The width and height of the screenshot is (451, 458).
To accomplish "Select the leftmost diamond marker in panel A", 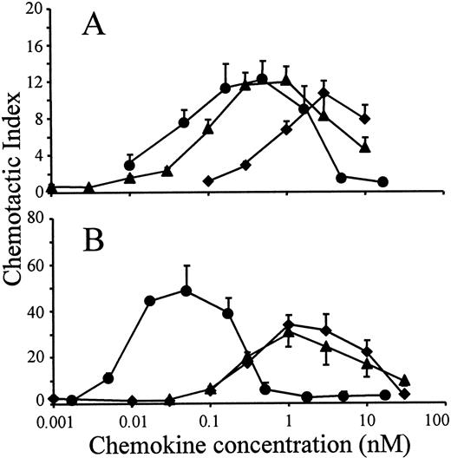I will [x=207, y=180].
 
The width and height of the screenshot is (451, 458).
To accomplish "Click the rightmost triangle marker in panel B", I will [x=405, y=380].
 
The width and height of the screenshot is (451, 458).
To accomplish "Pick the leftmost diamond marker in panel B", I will [x=54, y=399].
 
